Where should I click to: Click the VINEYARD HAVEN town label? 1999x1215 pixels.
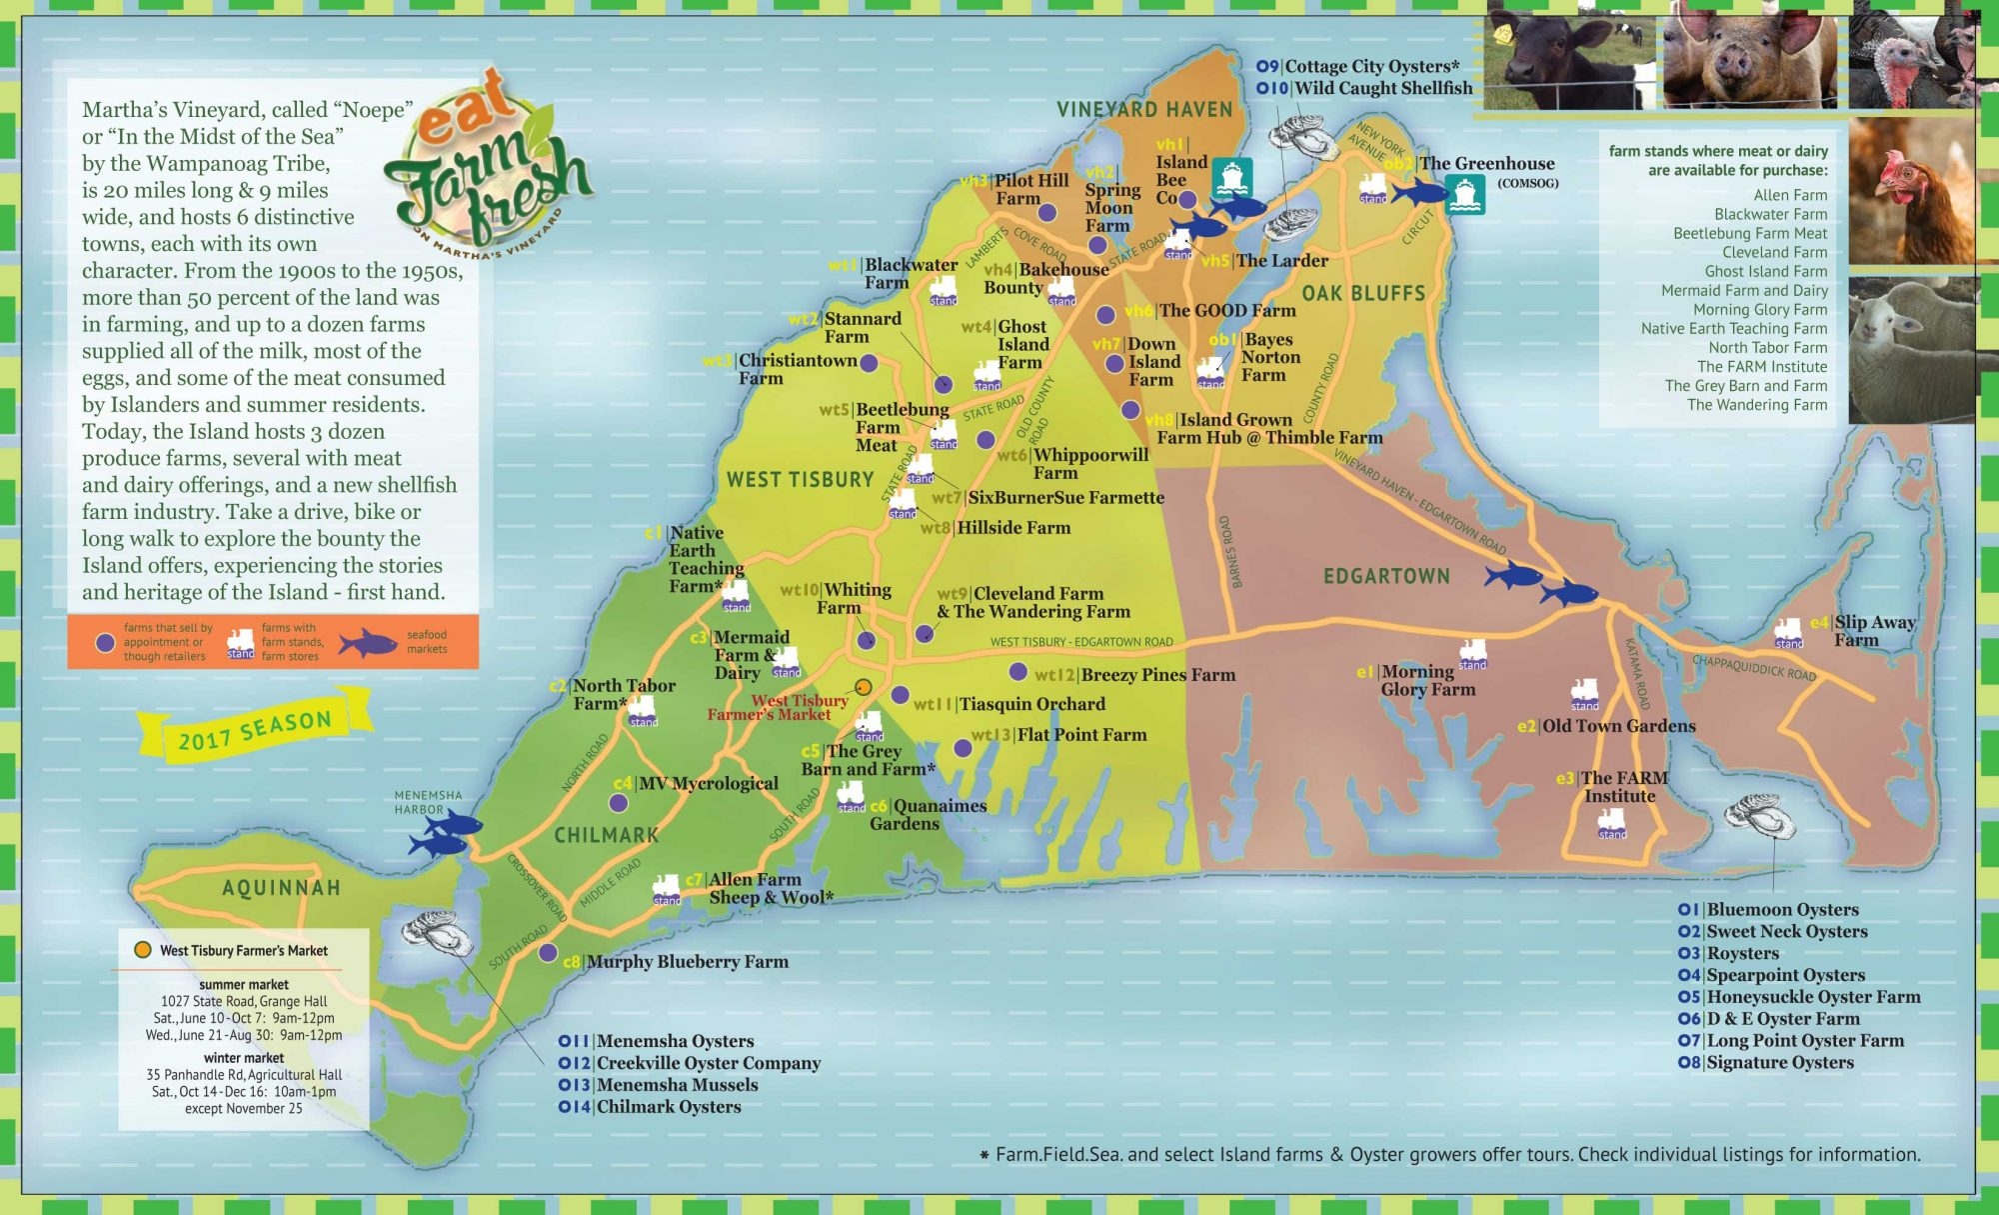tap(1144, 110)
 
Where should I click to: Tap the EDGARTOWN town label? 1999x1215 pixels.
tap(1386, 576)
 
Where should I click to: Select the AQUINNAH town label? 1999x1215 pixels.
tap(281, 888)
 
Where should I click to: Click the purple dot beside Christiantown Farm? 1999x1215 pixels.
tap(870, 363)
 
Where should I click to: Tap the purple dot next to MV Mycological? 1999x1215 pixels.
tap(619, 803)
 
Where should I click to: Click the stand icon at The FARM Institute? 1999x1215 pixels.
tap(1611, 823)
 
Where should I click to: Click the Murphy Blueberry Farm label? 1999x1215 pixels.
tap(687, 962)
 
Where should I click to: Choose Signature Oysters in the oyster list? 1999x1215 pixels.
tap(1779, 1062)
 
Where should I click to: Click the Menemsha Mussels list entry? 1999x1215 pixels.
tap(677, 1085)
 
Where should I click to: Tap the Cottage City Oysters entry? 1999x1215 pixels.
tap(1370, 66)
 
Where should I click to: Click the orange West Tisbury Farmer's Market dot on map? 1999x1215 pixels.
tap(863, 686)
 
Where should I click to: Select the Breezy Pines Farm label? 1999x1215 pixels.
tap(1157, 675)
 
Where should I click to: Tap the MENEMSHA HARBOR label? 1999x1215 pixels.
tap(428, 802)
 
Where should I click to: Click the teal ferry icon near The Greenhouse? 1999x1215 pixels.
tap(1464, 194)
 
